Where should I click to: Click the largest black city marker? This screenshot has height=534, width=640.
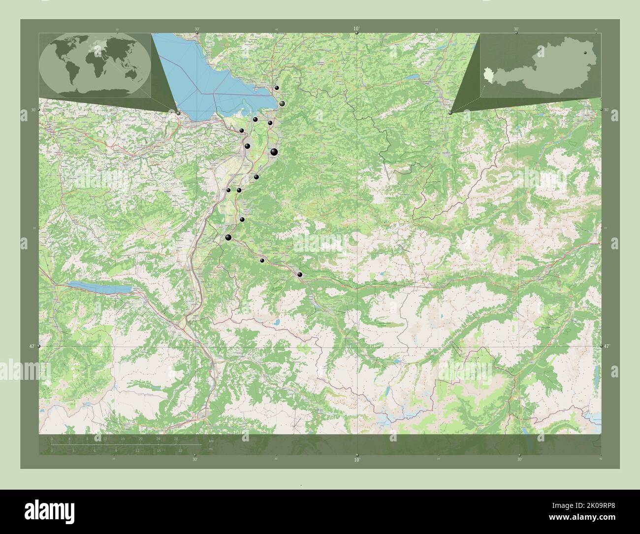pyautogui.click(x=274, y=153)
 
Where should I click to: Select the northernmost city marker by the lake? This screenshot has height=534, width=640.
pyautogui.click(x=277, y=88)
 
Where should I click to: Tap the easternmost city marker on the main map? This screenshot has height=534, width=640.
pyautogui.click(x=300, y=274)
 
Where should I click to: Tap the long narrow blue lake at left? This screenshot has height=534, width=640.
pyautogui.click(x=100, y=287)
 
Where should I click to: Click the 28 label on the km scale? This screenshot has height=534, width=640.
pyautogui.click(x=176, y=438)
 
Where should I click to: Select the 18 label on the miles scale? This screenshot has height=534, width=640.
pyautogui.click(x=181, y=450)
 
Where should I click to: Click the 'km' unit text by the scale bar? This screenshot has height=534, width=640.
pyautogui.click(x=211, y=441)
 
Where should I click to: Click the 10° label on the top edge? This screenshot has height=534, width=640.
pyautogui.click(x=356, y=29)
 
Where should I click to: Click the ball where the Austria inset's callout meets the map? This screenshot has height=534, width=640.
pyautogui.click(x=450, y=113)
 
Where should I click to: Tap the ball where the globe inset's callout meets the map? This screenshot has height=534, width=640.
pyautogui.click(x=178, y=113)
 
